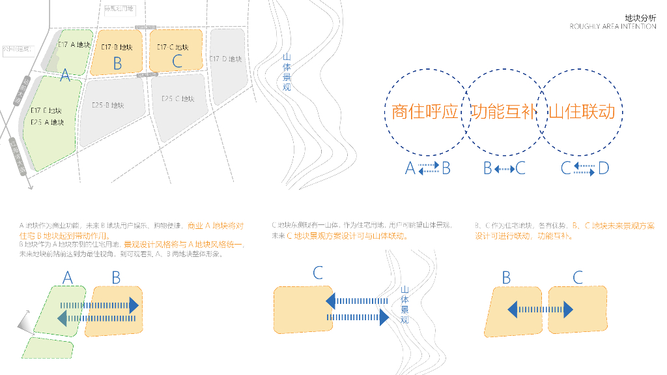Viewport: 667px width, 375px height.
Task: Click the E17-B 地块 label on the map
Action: coord(118,47)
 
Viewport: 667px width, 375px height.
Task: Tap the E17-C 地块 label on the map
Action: coord(173,47)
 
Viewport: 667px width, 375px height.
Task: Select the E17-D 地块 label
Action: coord(226,59)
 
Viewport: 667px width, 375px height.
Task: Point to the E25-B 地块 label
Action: coord(107,105)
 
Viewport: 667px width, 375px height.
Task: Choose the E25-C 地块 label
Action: coord(178,98)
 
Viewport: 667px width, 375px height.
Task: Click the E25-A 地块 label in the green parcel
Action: coord(48,122)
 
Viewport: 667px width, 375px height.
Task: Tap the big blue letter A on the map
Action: coord(64,76)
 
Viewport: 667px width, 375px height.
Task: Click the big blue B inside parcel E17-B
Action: coord(117,63)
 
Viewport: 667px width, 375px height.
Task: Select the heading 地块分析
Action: coord(640,18)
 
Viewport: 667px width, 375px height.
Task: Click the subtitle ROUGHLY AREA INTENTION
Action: coord(613,27)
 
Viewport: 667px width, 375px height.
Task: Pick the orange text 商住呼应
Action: coord(425,112)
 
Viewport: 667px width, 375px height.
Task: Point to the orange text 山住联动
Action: coord(582,112)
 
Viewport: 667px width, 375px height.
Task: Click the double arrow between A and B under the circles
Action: coord(429,168)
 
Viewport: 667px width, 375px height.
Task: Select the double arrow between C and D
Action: coord(583,168)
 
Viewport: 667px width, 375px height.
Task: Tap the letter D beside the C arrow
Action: coord(603,168)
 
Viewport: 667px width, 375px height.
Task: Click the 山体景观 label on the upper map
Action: coord(287,72)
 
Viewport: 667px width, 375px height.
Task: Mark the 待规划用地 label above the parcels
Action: coord(119,8)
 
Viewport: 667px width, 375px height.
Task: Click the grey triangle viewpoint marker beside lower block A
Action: coord(24,323)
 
